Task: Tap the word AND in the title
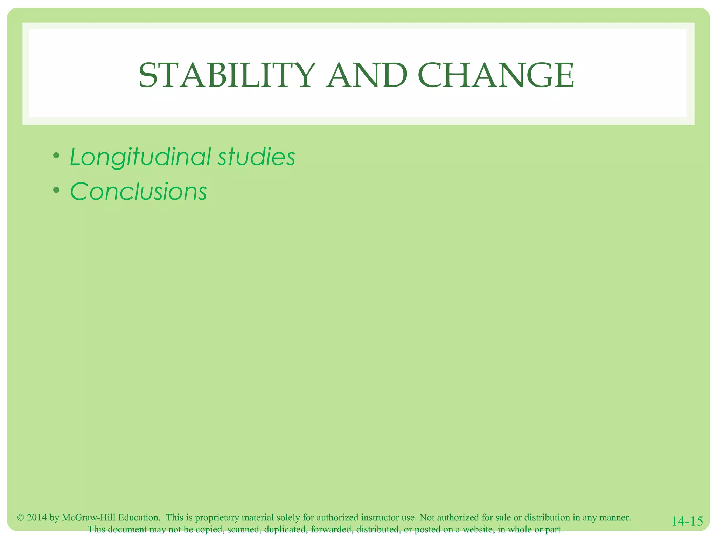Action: tap(367, 76)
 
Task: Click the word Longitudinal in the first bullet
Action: tap(140, 157)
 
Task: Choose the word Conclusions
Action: tap(138, 192)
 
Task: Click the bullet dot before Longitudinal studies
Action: tap(56, 155)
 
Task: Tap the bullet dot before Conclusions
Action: tap(56, 190)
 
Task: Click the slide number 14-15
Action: tap(687, 521)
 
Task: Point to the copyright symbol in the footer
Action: tap(20, 518)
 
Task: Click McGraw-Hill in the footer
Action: tap(89, 518)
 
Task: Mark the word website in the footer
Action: tap(477, 529)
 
